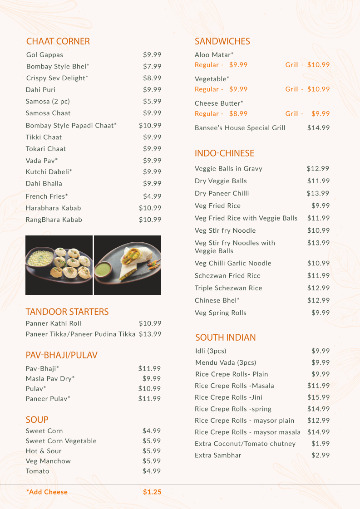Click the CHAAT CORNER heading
[x=58, y=41]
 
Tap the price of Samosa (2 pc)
[x=152, y=101]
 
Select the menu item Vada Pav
[x=42, y=161]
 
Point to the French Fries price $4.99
[x=152, y=196]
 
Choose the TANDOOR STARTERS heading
[x=67, y=312]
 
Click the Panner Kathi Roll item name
[x=54, y=323]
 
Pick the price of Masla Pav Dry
[x=152, y=378]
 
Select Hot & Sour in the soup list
[x=44, y=451]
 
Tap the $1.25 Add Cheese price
[x=152, y=492]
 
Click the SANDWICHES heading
[x=222, y=41]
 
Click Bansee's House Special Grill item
[x=240, y=128]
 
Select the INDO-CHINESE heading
[x=224, y=153]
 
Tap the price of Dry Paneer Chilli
[x=318, y=193]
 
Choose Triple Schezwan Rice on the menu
[x=228, y=288]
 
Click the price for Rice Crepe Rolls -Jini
[x=318, y=397]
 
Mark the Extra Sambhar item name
[x=218, y=455]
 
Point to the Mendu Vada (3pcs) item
[x=226, y=362]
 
